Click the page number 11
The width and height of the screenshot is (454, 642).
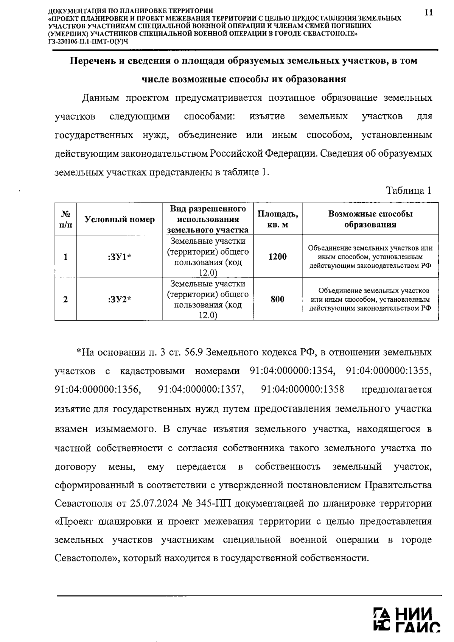[x=428, y=12]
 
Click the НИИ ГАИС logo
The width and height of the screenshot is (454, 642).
[x=406, y=620]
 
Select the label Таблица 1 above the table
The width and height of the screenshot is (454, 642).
[x=409, y=190]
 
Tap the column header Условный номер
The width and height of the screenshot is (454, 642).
[x=120, y=220]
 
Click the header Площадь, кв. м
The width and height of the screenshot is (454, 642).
[x=277, y=219]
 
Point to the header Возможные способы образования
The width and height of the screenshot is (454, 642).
[x=370, y=219]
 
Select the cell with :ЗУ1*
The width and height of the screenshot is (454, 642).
[x=120, y=257]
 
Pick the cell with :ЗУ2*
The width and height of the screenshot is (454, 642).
[x=120, y=299]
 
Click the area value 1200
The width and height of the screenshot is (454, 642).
[x=277, y=257]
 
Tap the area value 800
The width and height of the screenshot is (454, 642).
[x=277, y=299]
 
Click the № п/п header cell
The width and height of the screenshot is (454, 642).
[x=65, y=219]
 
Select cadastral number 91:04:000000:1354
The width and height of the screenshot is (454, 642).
[x=292, y=371]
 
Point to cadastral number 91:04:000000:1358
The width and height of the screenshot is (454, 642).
[x=303, y=390]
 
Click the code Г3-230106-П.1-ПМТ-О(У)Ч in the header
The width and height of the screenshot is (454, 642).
[x=88, y=41]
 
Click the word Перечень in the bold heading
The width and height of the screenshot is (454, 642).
[x=92, y=61]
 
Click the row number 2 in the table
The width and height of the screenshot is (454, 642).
[x=65, y=299]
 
